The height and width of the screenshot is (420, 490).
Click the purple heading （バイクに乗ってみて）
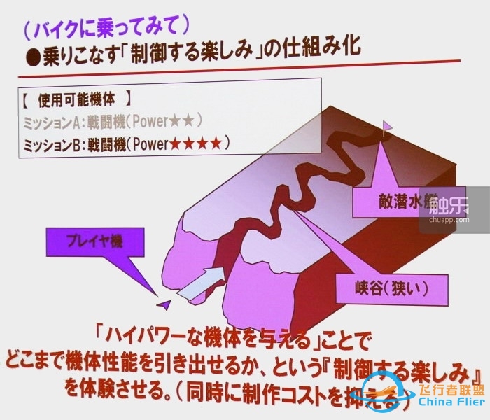(x=104, y=28)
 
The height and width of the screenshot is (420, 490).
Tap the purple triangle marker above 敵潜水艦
(x=387, y=127)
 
